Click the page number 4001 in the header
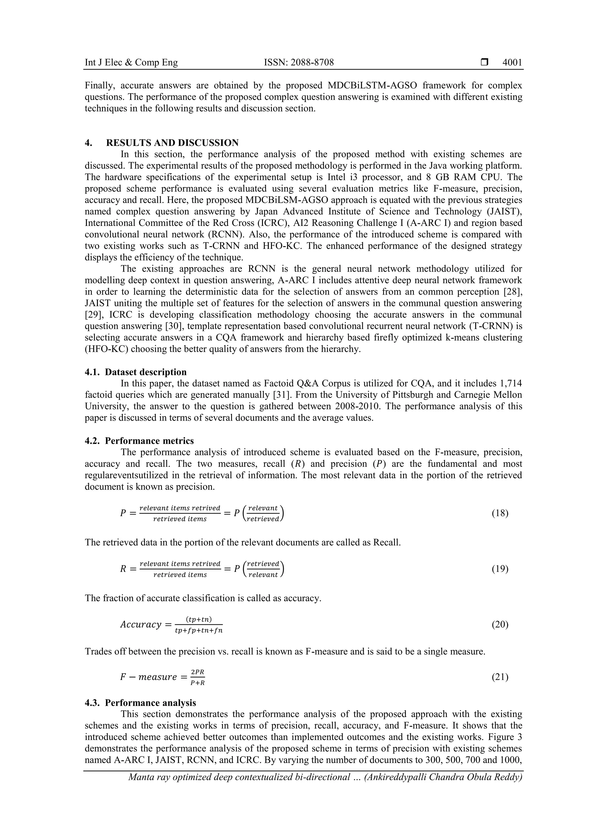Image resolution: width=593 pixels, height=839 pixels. point(512,63)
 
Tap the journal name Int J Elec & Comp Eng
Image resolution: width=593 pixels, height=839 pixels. point(131,63)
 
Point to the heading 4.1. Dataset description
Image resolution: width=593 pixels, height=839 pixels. point(136,372)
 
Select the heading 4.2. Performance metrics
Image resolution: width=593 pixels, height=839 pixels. point(139,441)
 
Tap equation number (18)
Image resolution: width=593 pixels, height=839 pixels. point(500,513)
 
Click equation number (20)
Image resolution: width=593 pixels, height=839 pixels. point(500,624)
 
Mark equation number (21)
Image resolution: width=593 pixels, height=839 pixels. point(500,677)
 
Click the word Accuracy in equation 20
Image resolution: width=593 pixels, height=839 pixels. point(141,624)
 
